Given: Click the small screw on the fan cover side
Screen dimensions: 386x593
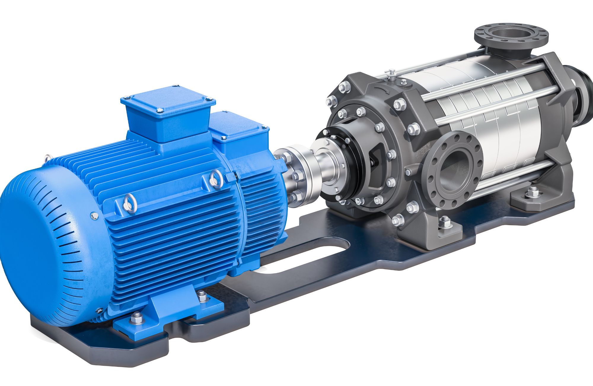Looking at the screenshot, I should (x=94, y=216).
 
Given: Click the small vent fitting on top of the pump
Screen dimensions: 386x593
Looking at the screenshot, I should (x=391, y=74).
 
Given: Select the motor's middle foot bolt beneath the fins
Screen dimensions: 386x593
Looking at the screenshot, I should (x=201, y=295).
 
